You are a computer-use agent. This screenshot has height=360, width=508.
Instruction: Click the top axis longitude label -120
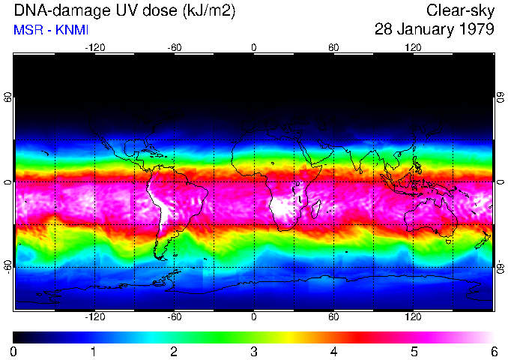[x=94, y=47]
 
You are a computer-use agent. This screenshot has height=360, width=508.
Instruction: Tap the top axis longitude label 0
[x=254, y=47]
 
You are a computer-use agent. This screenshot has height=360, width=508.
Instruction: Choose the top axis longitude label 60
[x=333, y=47]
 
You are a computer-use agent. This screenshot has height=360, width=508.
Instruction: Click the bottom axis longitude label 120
[x=413, y=317]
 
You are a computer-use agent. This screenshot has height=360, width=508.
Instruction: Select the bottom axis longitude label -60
[x=174, y=317]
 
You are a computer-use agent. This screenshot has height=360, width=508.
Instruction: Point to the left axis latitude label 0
[x=8, y=181]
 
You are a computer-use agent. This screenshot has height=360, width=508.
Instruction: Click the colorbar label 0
[x=13, y=351]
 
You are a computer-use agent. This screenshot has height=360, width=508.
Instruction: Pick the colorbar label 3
[x=253, y=351]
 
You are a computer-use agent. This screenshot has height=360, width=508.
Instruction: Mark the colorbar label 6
[x=493, y=351]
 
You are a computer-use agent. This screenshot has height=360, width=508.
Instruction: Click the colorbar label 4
[x=333, y=351]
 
